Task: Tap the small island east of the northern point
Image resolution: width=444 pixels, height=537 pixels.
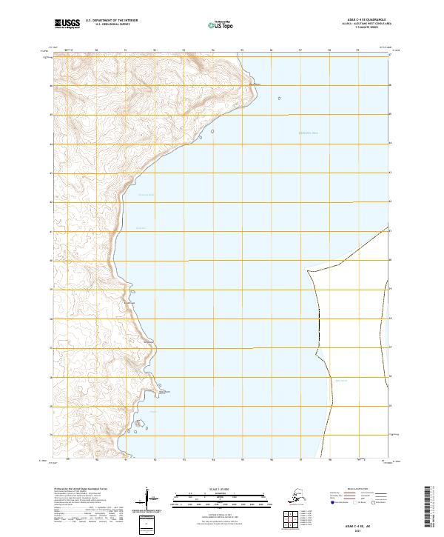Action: (279, 97)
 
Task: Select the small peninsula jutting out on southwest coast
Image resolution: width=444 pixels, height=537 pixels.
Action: (157, 388)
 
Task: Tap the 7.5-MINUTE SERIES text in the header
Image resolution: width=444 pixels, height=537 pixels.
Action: (358, 30)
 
